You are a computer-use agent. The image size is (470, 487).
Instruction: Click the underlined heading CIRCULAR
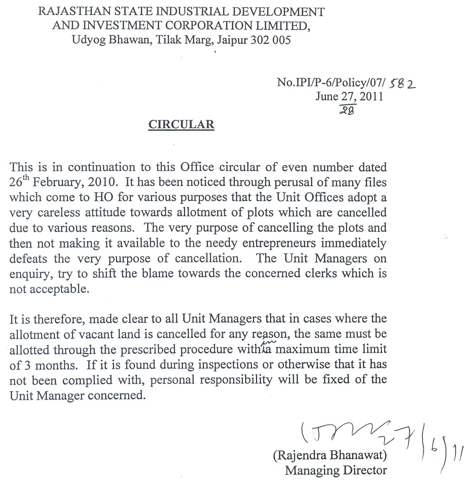coord(181,125)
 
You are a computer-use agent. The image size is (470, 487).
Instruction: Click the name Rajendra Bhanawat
coord(330,455)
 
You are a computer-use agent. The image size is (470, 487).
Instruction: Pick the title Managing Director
coord(336,470)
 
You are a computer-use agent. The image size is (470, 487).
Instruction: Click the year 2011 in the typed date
coord(371,97)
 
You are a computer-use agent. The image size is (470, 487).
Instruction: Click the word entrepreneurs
coord(279,243)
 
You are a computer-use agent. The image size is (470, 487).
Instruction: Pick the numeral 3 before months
coord(27,365)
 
